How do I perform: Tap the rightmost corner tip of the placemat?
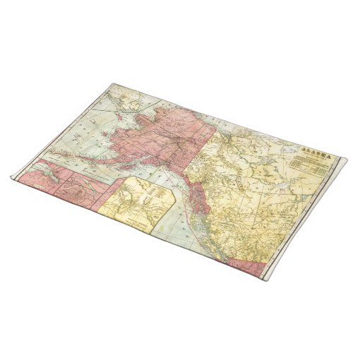[346, 160]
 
